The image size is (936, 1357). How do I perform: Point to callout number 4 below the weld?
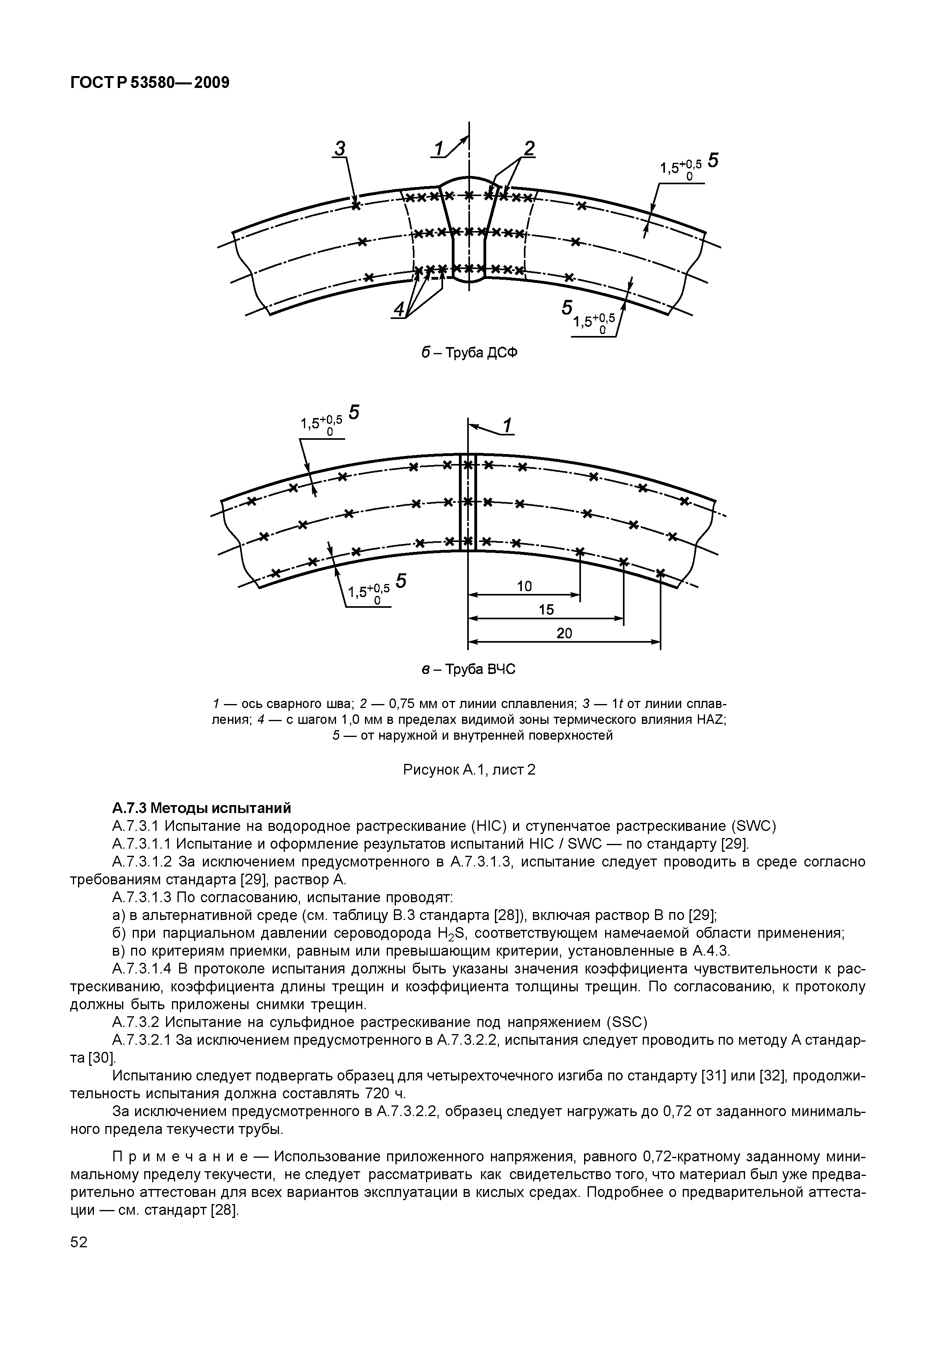[399, 309]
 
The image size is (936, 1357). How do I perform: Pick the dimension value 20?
[564, 634]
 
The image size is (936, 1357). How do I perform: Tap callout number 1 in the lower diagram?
[507, 425]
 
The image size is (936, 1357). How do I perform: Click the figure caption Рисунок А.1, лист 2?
[469, 769]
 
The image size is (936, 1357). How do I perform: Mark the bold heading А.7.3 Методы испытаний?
[201, 808]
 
